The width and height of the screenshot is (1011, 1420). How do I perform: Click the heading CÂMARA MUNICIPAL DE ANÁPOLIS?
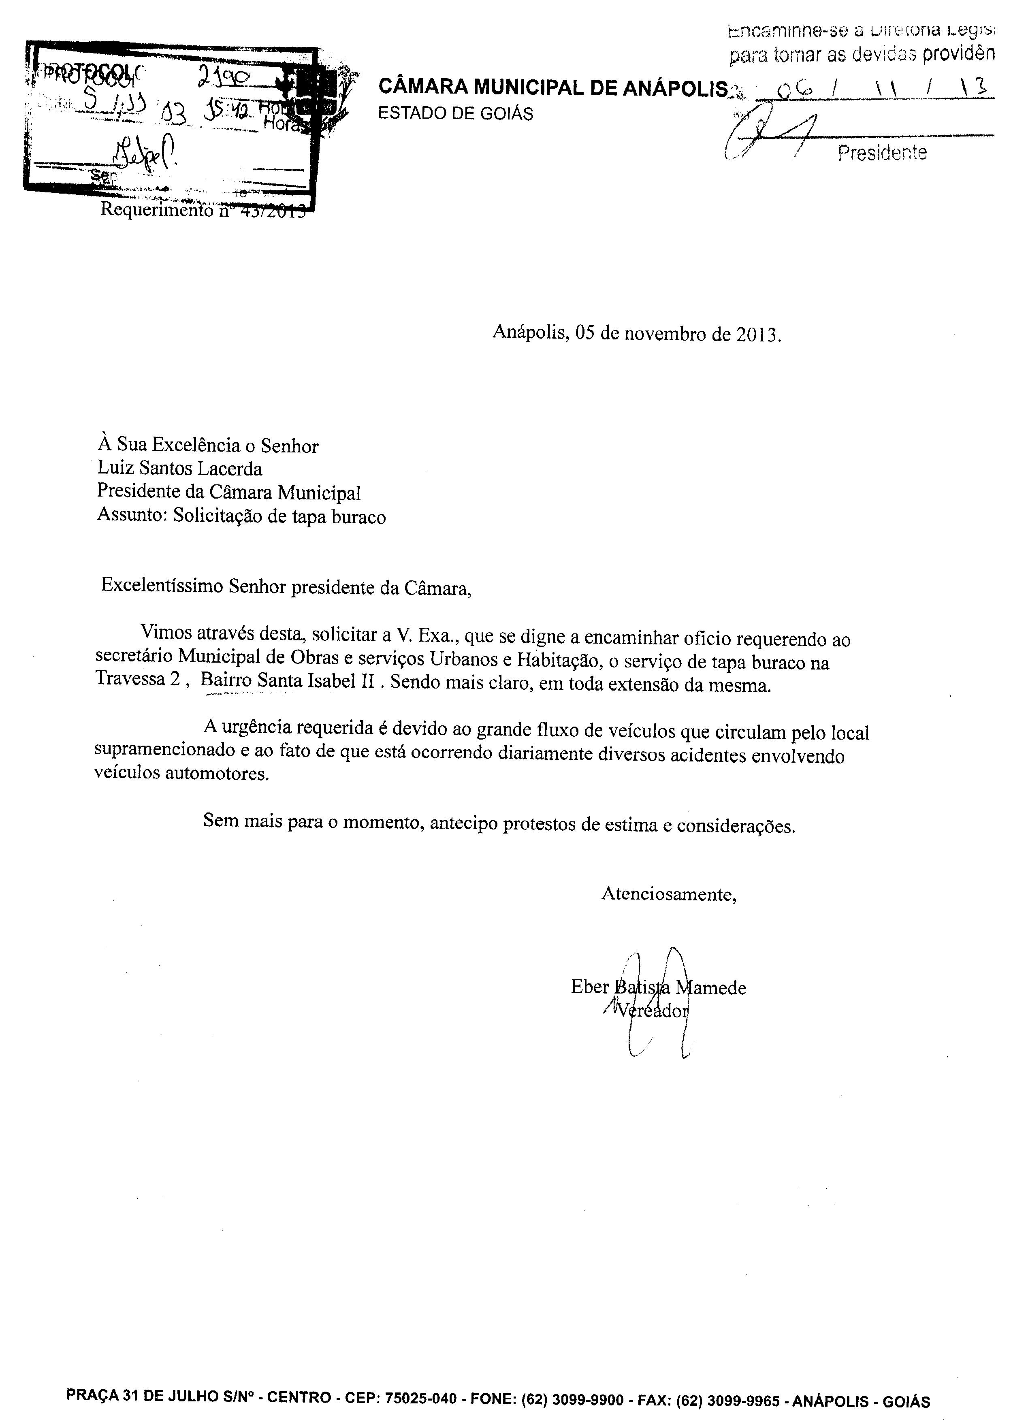pyautogui.click(x=552, y=88)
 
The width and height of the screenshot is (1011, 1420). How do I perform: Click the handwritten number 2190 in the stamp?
pyautogui.click(x=224, y=77)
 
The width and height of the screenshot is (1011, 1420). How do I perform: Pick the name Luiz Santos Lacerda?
pyautogui.click(x=180, y=468)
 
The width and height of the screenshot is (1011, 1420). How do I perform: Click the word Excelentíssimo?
pyautogui.click(x=162, y=586)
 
